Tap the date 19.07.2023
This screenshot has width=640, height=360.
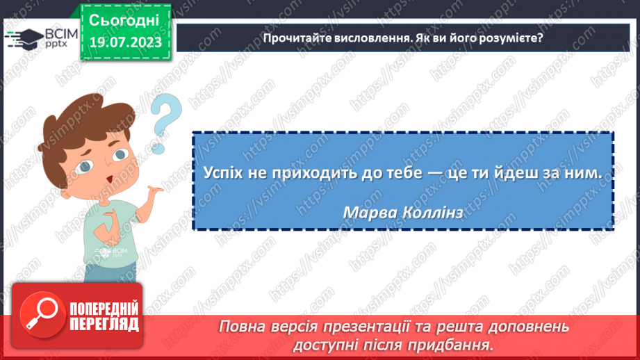[124, 43]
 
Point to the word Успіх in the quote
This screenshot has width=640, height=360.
[222, 173]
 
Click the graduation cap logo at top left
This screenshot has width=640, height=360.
[22, 38]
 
